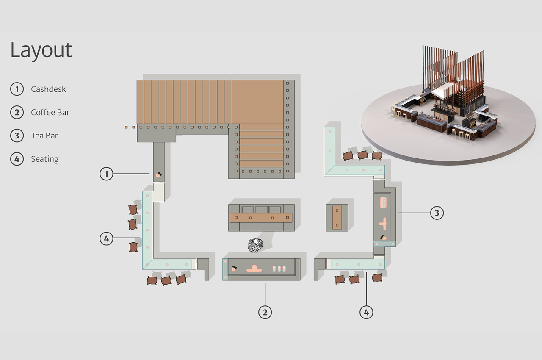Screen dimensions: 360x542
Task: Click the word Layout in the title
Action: tap(41, 50)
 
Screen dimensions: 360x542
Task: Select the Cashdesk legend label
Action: tap(48, 89)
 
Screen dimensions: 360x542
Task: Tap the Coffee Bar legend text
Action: tap(50, 113)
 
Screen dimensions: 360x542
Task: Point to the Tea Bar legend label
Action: tap(44, 136)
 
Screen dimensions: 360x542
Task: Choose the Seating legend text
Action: tap(44, 159)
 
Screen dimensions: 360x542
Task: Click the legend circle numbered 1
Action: tap(17, 89)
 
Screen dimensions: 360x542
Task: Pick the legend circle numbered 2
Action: tap(17, 112)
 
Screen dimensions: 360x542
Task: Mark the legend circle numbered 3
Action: tap(17, 136)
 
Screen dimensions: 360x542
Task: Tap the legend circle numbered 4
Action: tap(17, 159)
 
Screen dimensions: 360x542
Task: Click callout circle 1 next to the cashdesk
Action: tap(107, 174)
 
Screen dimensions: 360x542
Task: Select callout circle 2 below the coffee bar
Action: tap(265, 312)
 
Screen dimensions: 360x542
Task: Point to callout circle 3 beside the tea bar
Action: tap(437, 213)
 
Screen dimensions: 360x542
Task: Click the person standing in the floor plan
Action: tap(255, 245)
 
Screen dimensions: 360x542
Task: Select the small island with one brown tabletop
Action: tap(337, 218)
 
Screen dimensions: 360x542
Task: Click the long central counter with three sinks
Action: tap(261, 218)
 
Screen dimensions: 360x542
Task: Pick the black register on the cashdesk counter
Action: tap(159, 174)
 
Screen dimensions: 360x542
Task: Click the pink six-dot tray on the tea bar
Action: tap(384, 202)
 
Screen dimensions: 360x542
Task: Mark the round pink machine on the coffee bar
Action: tap(254, 269)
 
